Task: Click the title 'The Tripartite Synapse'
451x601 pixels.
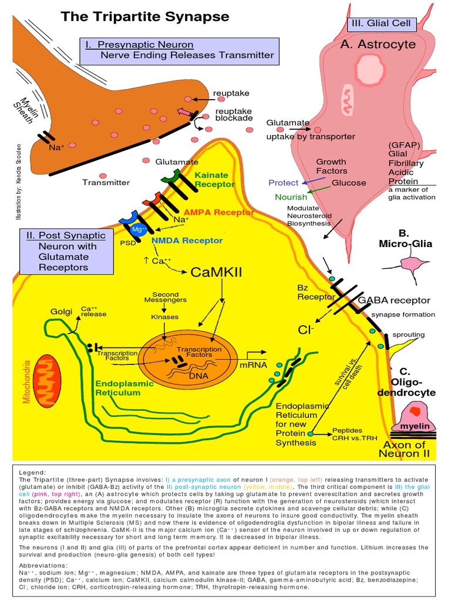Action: pyautogui.click(x=144, y=16)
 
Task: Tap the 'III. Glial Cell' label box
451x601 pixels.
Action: pyautogui.click(x=382, y=24)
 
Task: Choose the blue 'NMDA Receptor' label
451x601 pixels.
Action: pyautogui.click(x=187, y=240)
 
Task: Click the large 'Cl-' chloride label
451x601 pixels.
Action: pyautogui.click(x=306, y=330)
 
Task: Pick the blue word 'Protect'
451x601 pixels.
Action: pyautogui.click(x=284, y=183)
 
